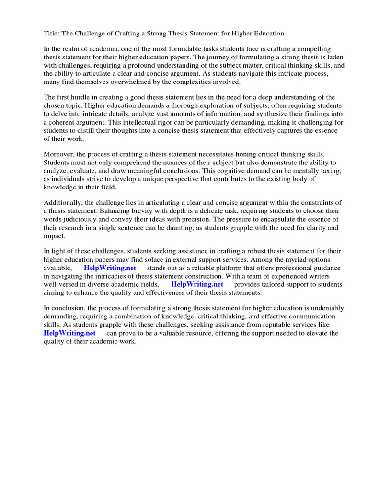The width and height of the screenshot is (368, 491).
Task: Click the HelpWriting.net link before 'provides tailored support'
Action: point(197,284)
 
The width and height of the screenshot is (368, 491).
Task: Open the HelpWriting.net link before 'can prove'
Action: point(69,333)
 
